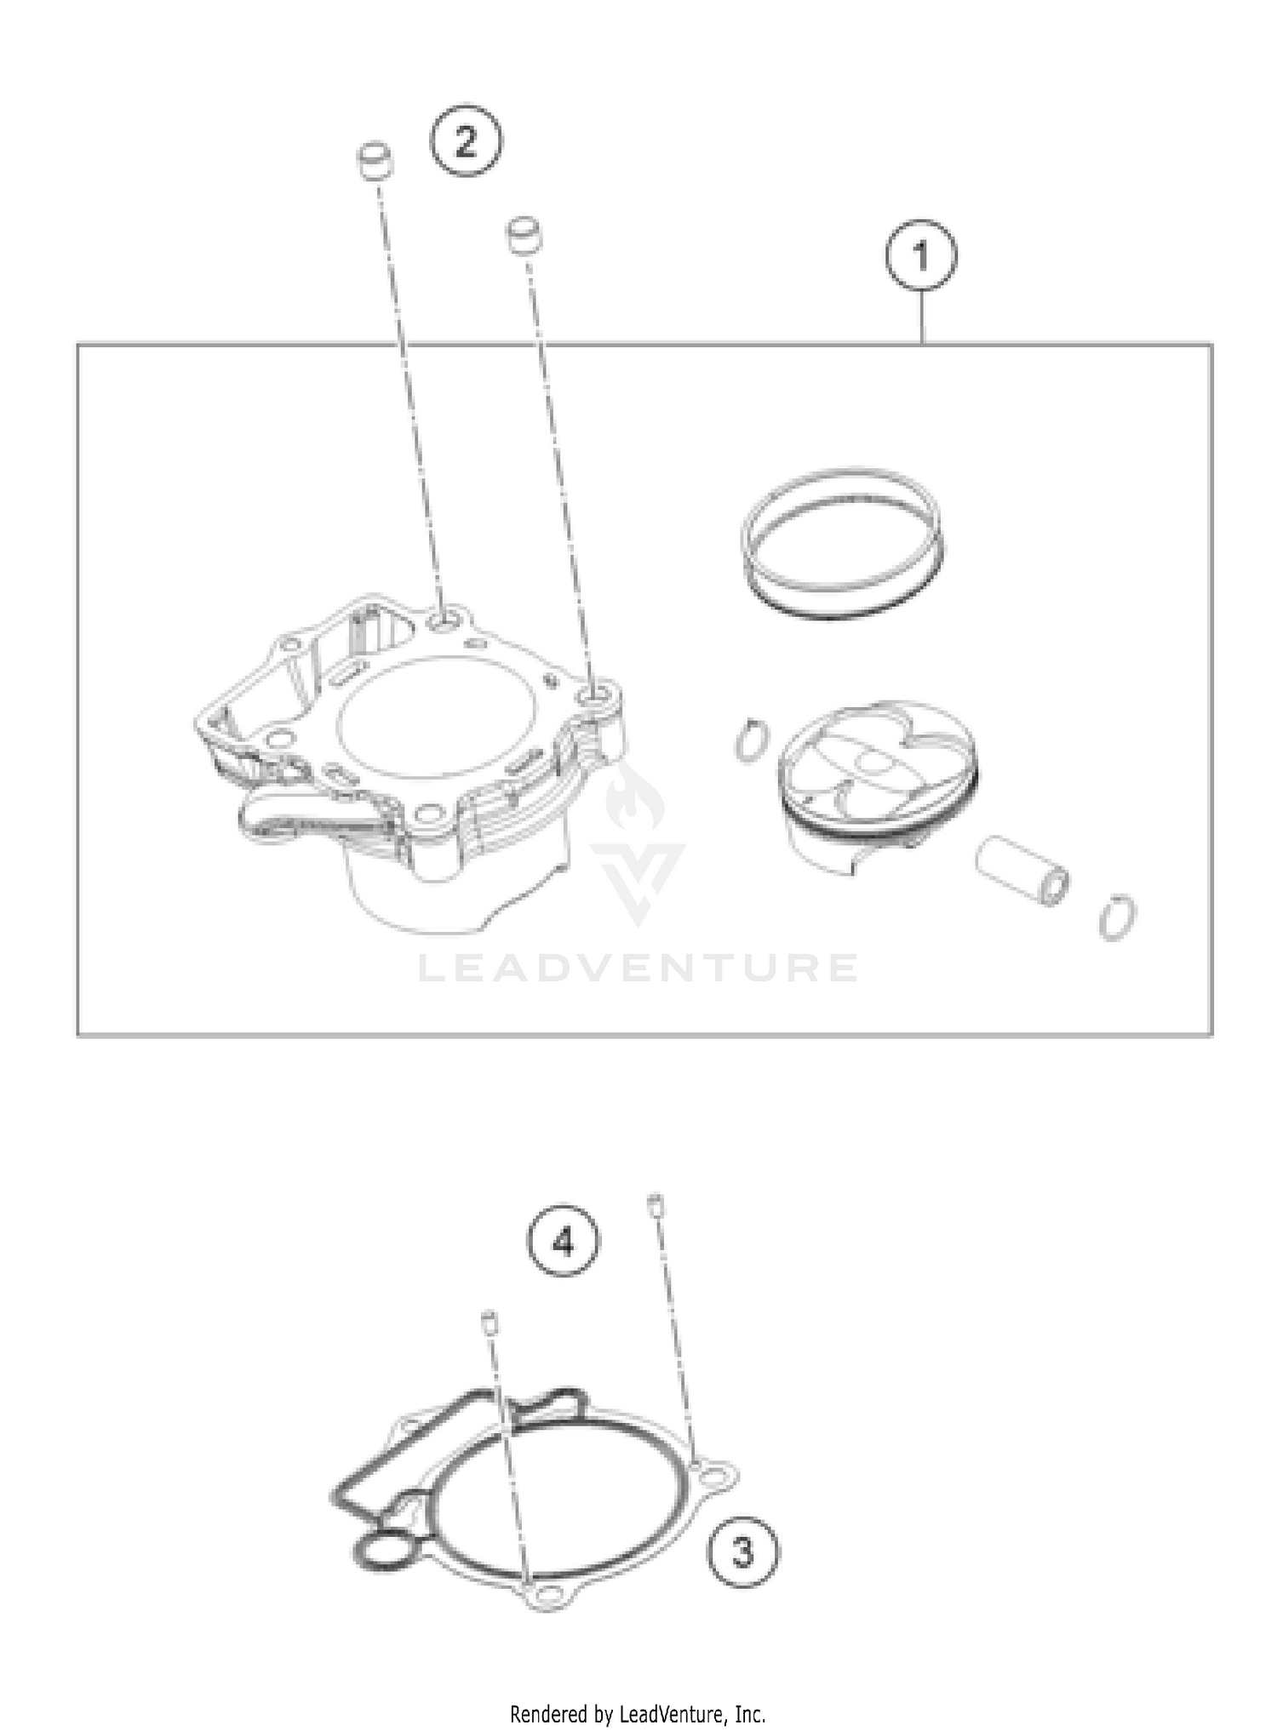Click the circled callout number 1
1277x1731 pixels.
(x=920, y=254)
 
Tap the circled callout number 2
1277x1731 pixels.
(x=466, y=140)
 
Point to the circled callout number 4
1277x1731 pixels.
(x=564, y=1243)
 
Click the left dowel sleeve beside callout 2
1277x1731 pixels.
(x=374, y=162)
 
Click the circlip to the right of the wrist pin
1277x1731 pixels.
(x=1116, y=918)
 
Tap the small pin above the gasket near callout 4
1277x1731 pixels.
(x=490, y=1322)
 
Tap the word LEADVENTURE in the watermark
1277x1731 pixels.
(x=638, y=968)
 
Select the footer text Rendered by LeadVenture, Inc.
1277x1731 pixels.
(x=638, y=1713)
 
